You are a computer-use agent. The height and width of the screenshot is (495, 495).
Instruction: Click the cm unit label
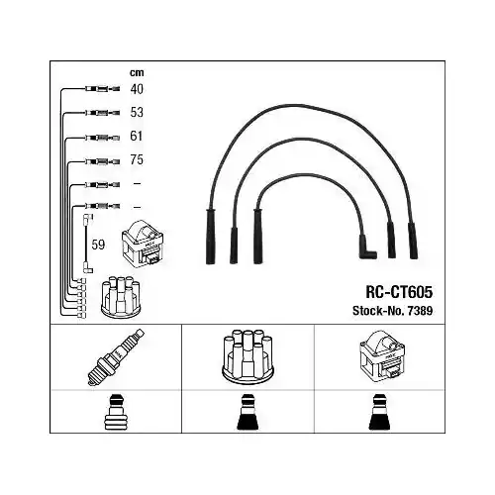137,72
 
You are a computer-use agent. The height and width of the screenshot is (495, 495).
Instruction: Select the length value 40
137,89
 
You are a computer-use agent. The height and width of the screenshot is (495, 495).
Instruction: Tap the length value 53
137,113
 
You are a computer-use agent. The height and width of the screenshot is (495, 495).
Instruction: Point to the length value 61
137,136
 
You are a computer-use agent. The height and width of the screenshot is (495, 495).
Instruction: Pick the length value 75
137,159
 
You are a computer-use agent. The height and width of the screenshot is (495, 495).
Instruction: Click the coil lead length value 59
98,245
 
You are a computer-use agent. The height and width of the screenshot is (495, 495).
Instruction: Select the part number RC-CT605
399,292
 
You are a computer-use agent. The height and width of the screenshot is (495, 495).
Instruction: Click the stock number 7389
420,311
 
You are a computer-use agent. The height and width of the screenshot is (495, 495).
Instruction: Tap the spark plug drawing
116,357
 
